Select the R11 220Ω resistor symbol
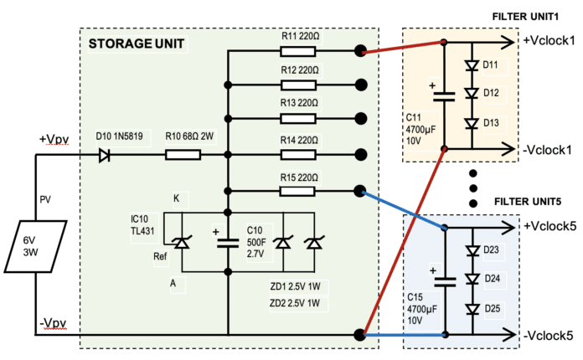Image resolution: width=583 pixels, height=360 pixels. [298, 51]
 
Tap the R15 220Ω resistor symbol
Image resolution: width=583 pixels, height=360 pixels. [298, 190]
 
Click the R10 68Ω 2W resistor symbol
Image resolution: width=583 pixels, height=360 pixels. [183, 155]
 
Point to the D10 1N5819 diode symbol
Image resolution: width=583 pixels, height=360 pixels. [104, 155]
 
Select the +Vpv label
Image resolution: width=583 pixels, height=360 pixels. [54, 139]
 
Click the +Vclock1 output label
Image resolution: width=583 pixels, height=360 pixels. [549, 40]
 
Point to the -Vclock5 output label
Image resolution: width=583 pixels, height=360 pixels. [549, 336]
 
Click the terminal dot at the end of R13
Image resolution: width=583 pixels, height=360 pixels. [361, 119]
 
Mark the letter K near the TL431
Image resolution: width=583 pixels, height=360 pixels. [177, 198]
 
